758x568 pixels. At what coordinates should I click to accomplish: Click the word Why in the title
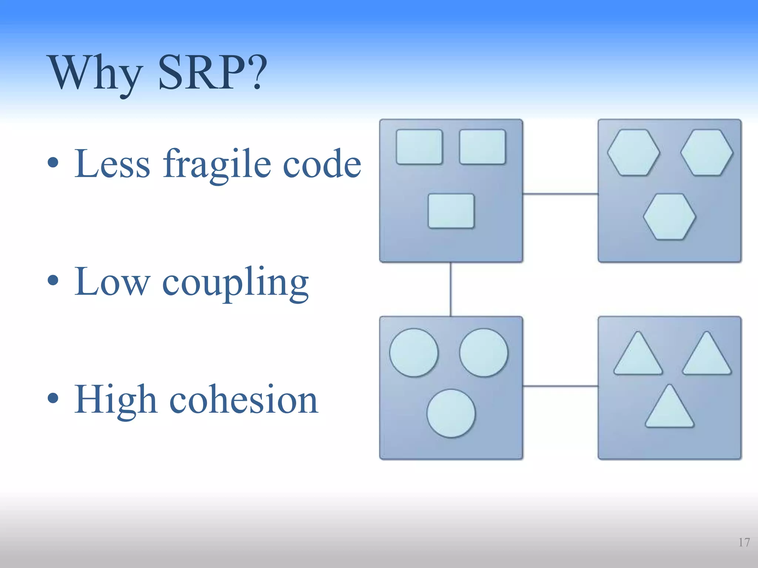point(95,73)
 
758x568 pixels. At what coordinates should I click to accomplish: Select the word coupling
point(235,283)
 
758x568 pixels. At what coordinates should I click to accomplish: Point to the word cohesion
point(244,400)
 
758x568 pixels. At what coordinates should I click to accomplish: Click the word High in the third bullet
point(115,400)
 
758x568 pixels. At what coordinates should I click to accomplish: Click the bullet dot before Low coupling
point(53,280)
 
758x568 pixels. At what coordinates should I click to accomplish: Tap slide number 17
point(744,542)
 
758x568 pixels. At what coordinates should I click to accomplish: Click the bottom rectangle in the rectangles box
point(451,211)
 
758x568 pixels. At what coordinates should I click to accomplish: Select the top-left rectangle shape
point(419,146)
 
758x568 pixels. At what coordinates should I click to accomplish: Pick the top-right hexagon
point(707,152)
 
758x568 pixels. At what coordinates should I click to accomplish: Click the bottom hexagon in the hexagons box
point(669,217)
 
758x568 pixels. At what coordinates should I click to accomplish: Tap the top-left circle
point(413,352)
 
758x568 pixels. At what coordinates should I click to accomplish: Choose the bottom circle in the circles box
point(451,413)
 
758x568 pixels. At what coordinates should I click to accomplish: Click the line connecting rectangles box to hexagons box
point(560,193)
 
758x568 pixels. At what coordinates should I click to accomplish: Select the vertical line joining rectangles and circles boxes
point(450,289)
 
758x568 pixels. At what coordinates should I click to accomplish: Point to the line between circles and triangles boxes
point(560,386)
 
